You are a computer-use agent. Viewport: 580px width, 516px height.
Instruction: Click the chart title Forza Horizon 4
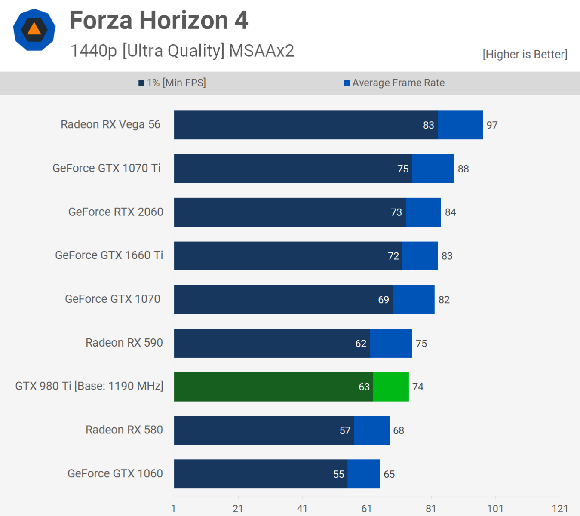click(x=159, y=20)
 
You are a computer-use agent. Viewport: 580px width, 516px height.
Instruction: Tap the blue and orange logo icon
click(x=34, y=30)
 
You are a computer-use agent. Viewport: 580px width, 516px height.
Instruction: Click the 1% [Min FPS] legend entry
click(x=172, y=83)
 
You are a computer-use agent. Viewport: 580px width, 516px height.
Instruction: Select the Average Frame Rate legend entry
click(x=394, y=83)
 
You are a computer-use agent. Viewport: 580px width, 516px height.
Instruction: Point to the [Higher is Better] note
click(x=525, y=54)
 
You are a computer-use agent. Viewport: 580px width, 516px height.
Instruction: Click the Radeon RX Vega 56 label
click(x=110, y=124)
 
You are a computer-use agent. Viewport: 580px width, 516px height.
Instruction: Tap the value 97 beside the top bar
click(x=492, y=125)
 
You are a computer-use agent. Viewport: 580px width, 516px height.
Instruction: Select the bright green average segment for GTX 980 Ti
click(x=391, y=387)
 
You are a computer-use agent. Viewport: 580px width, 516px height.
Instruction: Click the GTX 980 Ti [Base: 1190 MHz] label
click(x=89, y=386)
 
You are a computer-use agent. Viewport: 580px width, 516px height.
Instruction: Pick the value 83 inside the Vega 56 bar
click(x=428, y=125)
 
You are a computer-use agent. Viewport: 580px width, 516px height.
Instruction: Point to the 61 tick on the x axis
click(x=366, y=509)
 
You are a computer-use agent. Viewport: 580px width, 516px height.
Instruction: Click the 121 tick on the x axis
click(x=560, y=509)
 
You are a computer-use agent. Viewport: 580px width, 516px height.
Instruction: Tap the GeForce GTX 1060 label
click(x=115, y=473)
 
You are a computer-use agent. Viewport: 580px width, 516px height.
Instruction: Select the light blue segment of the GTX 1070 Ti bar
click(x=433, y=169)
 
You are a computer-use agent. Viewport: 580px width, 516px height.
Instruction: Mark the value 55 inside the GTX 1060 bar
click(x=338, y=474)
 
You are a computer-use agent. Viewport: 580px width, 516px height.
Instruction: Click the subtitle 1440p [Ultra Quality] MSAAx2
click(x=182, y=51)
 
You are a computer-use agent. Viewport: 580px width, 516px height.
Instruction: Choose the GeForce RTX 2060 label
click(x=116, y=212)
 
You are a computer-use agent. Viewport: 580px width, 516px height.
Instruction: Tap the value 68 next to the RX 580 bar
click(x=398, y=430)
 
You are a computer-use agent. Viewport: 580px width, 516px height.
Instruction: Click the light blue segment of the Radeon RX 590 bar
click(x=391, y=343)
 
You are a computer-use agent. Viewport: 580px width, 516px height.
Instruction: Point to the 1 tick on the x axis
click(x=173, y=509)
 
